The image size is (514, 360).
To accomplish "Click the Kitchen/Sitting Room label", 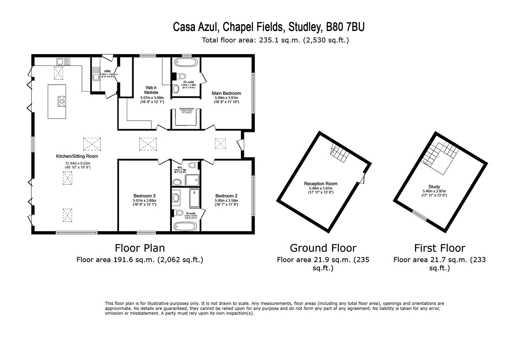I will pyautogui.click(x=77, y=156).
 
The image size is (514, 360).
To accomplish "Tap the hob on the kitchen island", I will pyautogui.click(x=62, y=101).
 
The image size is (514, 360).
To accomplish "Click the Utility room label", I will pyautogui.click(x=107, y=71).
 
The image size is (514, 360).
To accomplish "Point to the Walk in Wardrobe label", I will pyautogui.click(x=151, y=90).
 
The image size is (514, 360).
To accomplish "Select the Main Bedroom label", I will pyautogui.click(x=226, y=93).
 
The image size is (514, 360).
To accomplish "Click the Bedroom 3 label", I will pyautogui.click(x=144, y=196).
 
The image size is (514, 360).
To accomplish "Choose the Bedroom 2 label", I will pyautogui.click(x=226, y=196).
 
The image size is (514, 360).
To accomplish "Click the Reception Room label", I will pyautogui.click(x=320, y=184).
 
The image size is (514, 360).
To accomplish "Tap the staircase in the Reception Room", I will pyautogui.click(x=338, y=155).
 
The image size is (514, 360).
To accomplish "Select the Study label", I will pyautogui.click(x=434, y=187).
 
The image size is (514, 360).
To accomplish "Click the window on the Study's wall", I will pyautogui.click(x=419, y=215).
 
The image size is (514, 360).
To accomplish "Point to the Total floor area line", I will pyautogui.click(x=275, y=40).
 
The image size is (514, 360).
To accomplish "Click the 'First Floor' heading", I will pyautogui.click(x=439, y=248).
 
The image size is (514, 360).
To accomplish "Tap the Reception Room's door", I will pyautogui.click(x=362, y=178).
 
